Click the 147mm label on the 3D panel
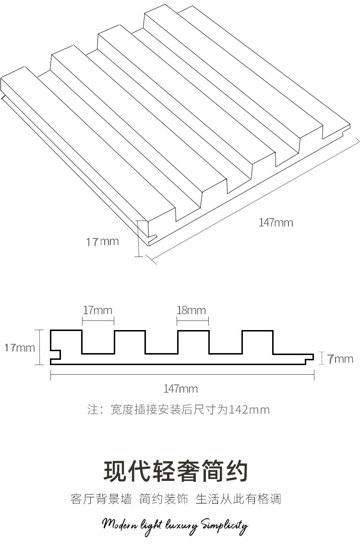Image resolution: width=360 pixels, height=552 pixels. [276, 222]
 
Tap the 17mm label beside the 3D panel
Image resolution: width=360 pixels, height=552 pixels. [102, 241]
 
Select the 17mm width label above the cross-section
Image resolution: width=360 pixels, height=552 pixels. [97, 310]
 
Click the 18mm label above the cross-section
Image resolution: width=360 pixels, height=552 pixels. [191, 310]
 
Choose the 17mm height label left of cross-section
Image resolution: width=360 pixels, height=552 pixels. [20, 347]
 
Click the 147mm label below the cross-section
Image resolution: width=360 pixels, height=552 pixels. [180, 389]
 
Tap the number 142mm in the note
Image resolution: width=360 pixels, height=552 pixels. [249, 410]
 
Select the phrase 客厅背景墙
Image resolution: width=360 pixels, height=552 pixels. [101, 499]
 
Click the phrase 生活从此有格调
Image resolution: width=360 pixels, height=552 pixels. [238, 499]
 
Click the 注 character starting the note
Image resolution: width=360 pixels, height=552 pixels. [92, 410]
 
